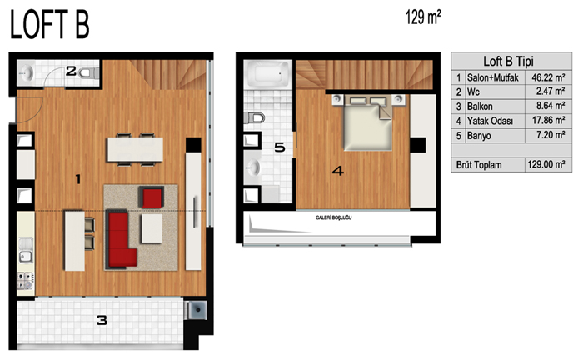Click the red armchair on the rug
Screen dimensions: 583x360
152,197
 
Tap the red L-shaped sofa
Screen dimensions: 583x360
118,240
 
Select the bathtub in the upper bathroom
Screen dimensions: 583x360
267,74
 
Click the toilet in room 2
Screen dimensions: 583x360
88,72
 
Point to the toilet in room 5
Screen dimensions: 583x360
254,117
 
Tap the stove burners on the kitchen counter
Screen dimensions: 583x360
26,281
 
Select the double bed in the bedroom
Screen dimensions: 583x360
368,122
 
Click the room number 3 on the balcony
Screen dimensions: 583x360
102,320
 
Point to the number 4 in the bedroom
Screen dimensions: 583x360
338,171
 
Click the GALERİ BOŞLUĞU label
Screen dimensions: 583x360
333,217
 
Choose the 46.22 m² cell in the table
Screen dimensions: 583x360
548,77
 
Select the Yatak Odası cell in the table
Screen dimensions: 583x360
490,121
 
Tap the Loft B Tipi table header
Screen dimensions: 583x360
508,62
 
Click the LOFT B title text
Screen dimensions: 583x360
50,25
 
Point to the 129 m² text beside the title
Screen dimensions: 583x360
423,17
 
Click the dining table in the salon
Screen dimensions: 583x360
135,149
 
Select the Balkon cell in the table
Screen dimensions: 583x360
480,107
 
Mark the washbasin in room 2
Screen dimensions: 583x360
27,73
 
